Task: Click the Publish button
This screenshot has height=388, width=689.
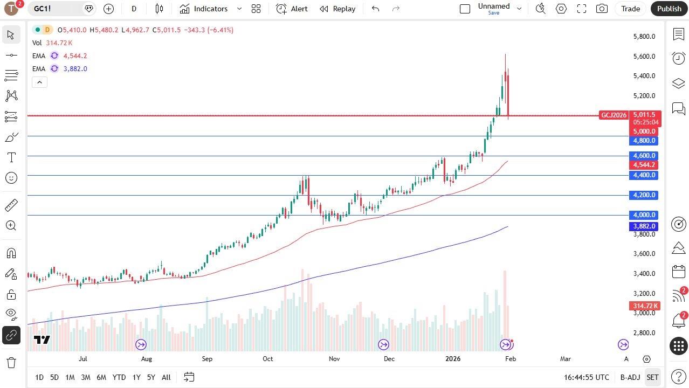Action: [669, 9]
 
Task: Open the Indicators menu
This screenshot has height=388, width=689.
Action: [204, 9]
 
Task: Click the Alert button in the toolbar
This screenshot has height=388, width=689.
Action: [292, 9]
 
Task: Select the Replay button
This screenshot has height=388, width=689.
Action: [337, 9]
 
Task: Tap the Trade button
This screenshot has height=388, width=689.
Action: [630, 9]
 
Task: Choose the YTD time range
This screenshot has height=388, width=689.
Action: [119, 377]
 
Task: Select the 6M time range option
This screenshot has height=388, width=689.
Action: [101, 377]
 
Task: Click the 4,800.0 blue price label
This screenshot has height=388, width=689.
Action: [644, 141]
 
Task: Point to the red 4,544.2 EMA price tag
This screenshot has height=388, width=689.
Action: [644, 165]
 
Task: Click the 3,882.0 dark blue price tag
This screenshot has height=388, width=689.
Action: [644, 226]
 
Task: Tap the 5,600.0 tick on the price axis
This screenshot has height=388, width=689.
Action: [644, 57]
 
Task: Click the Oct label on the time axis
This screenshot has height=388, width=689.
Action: [268, 359]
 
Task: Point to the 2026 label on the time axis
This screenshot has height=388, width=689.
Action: [453, 359]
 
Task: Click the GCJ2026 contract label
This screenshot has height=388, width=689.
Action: [614, 115]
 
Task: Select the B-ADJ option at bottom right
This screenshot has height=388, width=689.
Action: [630, 377]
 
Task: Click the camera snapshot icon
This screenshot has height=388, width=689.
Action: [602, 9]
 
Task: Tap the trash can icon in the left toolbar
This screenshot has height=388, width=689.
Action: [11, 362]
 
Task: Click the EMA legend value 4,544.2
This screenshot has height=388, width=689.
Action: [75, 56]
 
